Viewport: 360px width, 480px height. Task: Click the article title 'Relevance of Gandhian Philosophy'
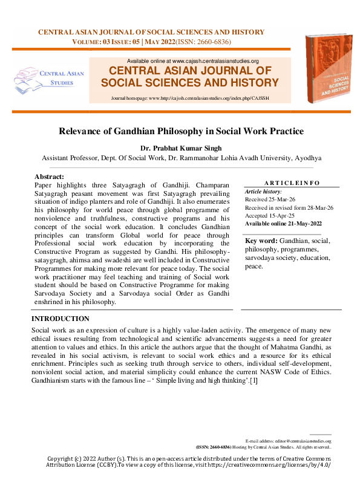pyautogui.click(x=180, y=131)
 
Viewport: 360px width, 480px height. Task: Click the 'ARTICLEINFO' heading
pyautogui.click(x=292, y=183)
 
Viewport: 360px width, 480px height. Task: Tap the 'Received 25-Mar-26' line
pyautogui.click(x=270, y=199)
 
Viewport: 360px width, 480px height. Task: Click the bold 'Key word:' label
pyautogui.click(x=261, y=241)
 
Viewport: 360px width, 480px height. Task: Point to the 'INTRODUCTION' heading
pyautogui.click(x=61, y=319)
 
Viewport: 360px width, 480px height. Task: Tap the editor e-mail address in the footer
pyautogui.click(x=288, y=441)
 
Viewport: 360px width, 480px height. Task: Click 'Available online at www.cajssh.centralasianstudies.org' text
pyautogui.click(x=193, y=61)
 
